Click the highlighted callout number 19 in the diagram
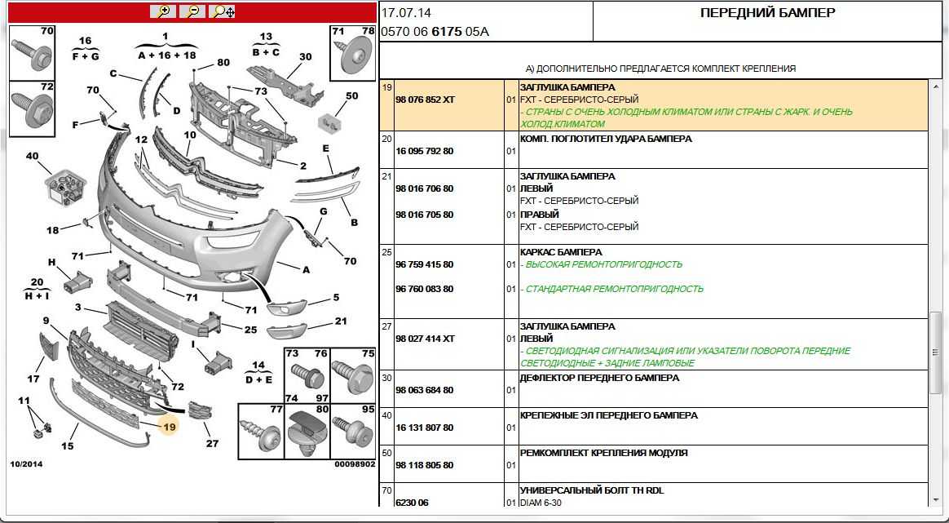point(169,426)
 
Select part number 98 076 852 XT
point(424,100)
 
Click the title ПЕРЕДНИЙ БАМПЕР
point(767,13)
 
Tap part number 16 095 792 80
point(424,151)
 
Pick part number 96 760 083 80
point(424,289)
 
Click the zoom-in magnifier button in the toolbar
point(162,11)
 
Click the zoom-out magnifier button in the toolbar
point(192,11)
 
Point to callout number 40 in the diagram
point(33,156)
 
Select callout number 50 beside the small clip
point(351,96)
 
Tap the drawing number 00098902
point(355,464)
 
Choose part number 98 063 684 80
point(424,390)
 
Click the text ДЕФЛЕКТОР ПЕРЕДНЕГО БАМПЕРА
point(599,378)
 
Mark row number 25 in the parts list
point(387,252)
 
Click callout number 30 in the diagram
point(306,57)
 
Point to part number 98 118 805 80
point(424,465)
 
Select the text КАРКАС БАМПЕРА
point(560,252)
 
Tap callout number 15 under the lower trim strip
point(68,445)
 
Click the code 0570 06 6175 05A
point(435,32)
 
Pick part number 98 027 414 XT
point(424,339)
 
